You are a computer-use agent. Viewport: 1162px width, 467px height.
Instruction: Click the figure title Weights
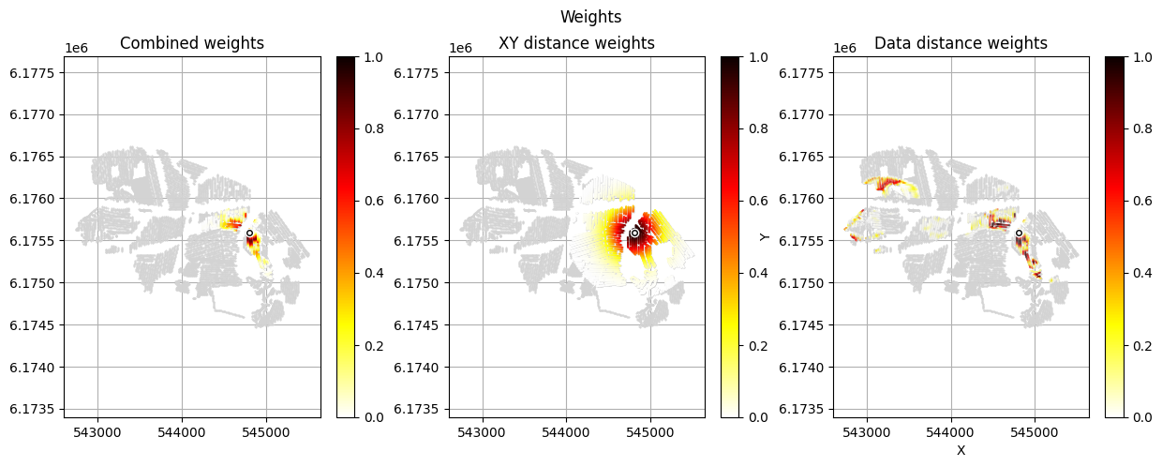[x=590, y=17]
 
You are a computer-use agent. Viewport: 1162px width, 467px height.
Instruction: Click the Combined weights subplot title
[x=192, y=43]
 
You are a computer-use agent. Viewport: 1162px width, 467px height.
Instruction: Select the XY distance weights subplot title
[x=576, y=43]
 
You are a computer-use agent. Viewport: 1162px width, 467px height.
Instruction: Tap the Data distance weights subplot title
[x=961, y=43]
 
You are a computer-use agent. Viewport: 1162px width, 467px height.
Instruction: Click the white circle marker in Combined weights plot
[x=249, y=233]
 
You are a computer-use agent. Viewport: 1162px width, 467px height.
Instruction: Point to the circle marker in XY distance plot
[x=634, y=233]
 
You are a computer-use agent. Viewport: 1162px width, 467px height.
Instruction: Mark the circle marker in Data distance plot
[x=1019, y=233]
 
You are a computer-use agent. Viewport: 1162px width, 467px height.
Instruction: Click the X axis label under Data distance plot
[x=961, y=450]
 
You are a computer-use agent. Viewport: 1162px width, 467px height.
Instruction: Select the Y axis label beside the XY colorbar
[x=764, y=237]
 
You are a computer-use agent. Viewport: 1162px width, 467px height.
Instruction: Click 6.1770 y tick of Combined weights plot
[x=36, y=114]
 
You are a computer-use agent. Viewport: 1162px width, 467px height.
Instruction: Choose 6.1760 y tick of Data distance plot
[x=804, y=199]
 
